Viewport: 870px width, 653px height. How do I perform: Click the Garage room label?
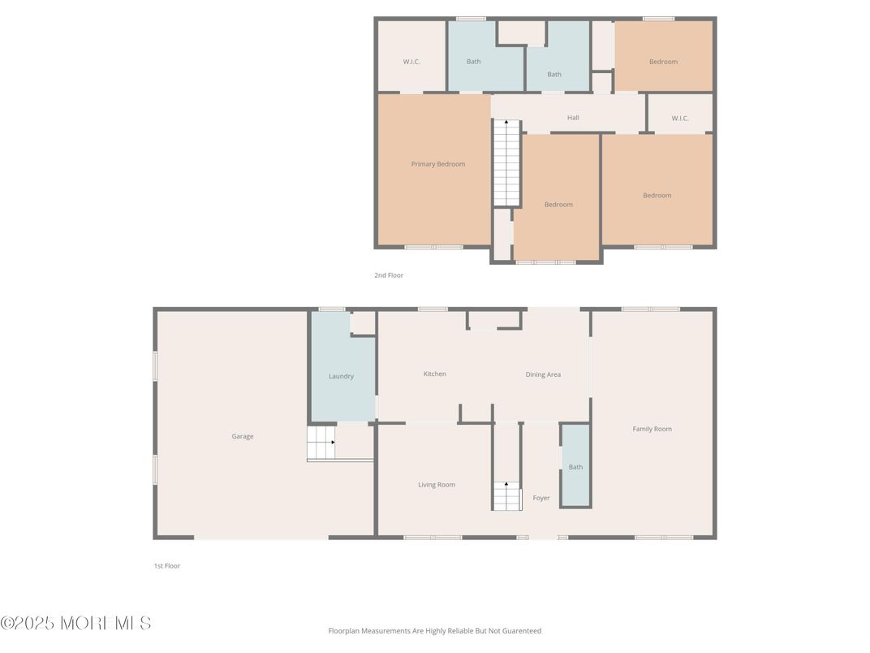[x=243, y=436]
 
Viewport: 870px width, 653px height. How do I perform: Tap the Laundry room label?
[x=341, y=376]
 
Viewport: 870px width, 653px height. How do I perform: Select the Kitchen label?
[x=435, y=374]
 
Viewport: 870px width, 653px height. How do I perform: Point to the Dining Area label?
[x=543, y=374]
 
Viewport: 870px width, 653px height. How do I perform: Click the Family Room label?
[x=652, y=429]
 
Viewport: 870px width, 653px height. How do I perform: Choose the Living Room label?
[x=437, y=485]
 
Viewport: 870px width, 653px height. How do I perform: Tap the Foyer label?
[x=541, y=498]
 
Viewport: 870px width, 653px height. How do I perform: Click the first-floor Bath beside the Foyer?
[x=575, y=467]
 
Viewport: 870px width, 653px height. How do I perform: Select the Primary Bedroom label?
[x=438, y=164]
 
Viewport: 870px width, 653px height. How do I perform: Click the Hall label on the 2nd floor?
[x=573, y=118]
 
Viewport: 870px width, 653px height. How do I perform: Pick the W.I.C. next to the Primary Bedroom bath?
[x=411, y=62]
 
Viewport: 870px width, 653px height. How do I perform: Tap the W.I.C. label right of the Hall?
[x=680, y=119]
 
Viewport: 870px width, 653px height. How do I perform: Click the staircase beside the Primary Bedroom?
[x=506, y=162]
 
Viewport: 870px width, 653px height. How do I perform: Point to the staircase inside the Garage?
[x=321, y=444]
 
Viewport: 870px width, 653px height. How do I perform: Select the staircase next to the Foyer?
[x=506, y=495]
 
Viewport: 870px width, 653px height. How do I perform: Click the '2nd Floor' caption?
[x=389, y=275]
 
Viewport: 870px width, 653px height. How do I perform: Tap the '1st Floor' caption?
[x=167, y=566]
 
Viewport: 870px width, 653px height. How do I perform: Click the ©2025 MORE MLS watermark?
[x=76, y=623]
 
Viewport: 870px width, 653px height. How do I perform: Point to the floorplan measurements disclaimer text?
[x=434, y=630]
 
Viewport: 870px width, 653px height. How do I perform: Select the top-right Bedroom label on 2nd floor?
[x=663, y=62]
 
